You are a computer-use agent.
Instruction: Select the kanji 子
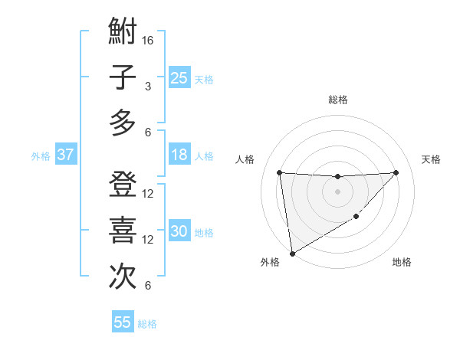(x=123, y=77)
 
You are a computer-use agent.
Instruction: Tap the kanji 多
(x=123, y=123)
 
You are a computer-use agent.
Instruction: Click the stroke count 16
(x=149, y=40)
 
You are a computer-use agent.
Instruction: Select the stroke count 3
(x=148, y=86)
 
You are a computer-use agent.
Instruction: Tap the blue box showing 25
(x=179, y=78)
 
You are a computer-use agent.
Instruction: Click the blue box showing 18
(x=179, y=155)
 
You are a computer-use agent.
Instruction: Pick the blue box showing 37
(x=66, y=155)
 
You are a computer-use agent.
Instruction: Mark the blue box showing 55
(x=123, y=322)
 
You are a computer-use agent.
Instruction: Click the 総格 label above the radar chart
(x=337, y=100)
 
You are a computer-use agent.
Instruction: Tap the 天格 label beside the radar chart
(x=432, y=159)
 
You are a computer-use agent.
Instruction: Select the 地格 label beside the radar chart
(x=402, y=263)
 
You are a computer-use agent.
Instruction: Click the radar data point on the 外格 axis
(x=292, y=253)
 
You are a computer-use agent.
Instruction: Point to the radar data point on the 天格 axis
(x=396, y=172)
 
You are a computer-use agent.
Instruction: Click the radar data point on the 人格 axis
(x=280, y=172)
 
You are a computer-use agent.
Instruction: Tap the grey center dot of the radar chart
(x=337, y=191)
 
